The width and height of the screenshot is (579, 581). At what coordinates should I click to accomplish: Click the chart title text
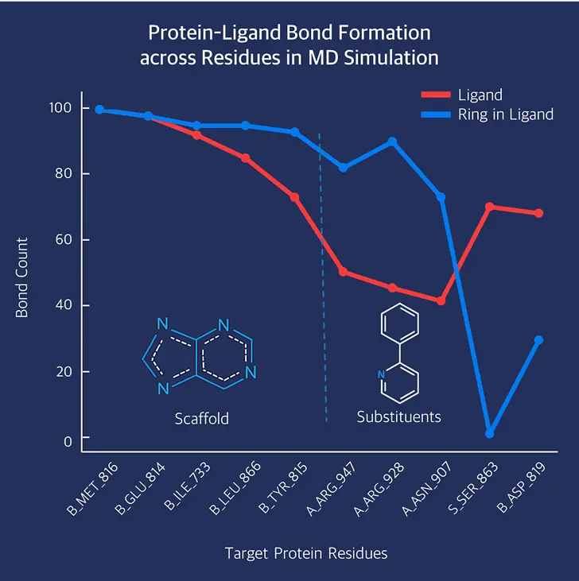(289, 45)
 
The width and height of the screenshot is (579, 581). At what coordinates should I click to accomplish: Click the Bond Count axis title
(22, 277)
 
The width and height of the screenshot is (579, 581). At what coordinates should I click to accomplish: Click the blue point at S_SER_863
(490, 433)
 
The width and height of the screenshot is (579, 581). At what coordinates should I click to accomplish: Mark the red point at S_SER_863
(490, 207)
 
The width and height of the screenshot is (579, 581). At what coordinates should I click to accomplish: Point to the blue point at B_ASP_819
(538, 340)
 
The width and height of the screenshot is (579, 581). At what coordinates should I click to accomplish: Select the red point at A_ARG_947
(343, 272)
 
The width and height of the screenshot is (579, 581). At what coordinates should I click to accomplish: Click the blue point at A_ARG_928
(392, 141)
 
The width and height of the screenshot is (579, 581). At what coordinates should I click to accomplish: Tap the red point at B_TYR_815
(294, 197)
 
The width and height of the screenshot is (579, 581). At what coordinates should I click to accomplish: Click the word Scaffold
(201, 418)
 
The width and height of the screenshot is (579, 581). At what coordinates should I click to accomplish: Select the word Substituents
(398, 416)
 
